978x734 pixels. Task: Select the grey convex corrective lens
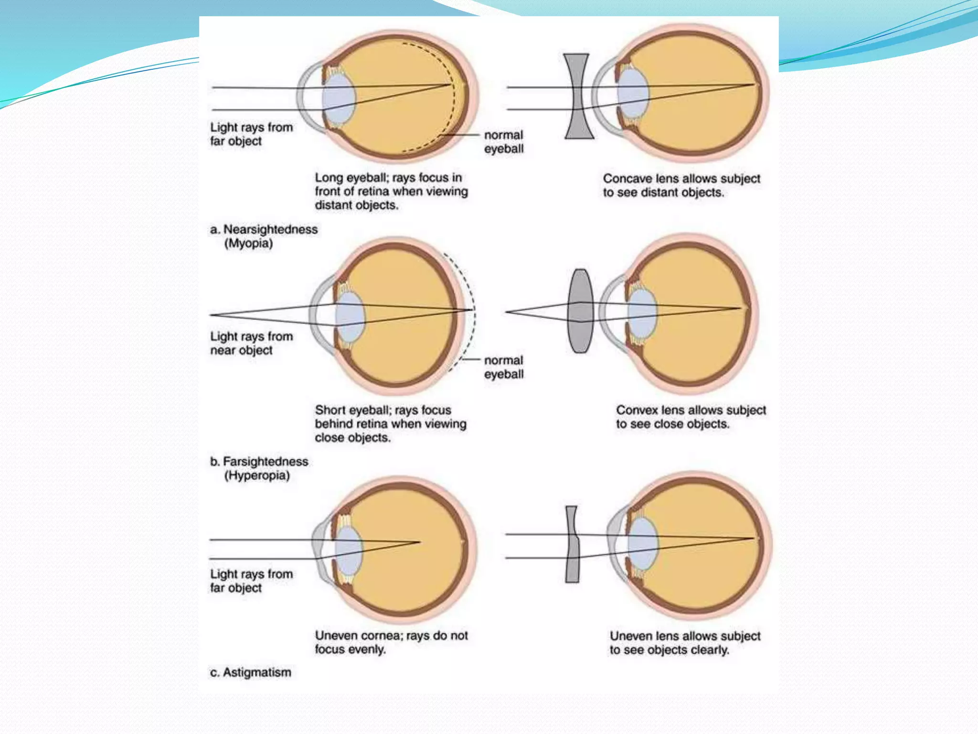click(x=580, y=311)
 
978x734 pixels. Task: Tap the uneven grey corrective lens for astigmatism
click(x=572, y=544)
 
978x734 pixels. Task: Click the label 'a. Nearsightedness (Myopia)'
click(x=264, y=236)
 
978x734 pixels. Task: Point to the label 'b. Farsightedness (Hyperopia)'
click(x=259, y=468)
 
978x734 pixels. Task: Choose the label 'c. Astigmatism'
click(x=251, y=672)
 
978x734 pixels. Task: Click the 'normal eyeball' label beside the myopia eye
click(x=504, y=142)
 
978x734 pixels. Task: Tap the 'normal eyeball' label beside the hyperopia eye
click(x=504, y=367)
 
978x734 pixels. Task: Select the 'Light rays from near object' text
click(x=252, y=343)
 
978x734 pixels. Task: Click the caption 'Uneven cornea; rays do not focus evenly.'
click(x=391, y=642)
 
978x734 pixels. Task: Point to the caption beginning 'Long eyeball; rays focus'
click(x=391, y=191)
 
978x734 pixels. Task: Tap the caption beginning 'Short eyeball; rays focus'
click(x=390, y=424)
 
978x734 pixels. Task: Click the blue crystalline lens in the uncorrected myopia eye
click(x=339, y=98)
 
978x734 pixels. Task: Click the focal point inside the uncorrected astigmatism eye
click(x=419, y=542)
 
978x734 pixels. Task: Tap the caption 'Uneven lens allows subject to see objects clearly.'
click(x=685, y=643)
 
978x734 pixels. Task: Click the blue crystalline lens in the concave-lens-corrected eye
click(x=633, y=94)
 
